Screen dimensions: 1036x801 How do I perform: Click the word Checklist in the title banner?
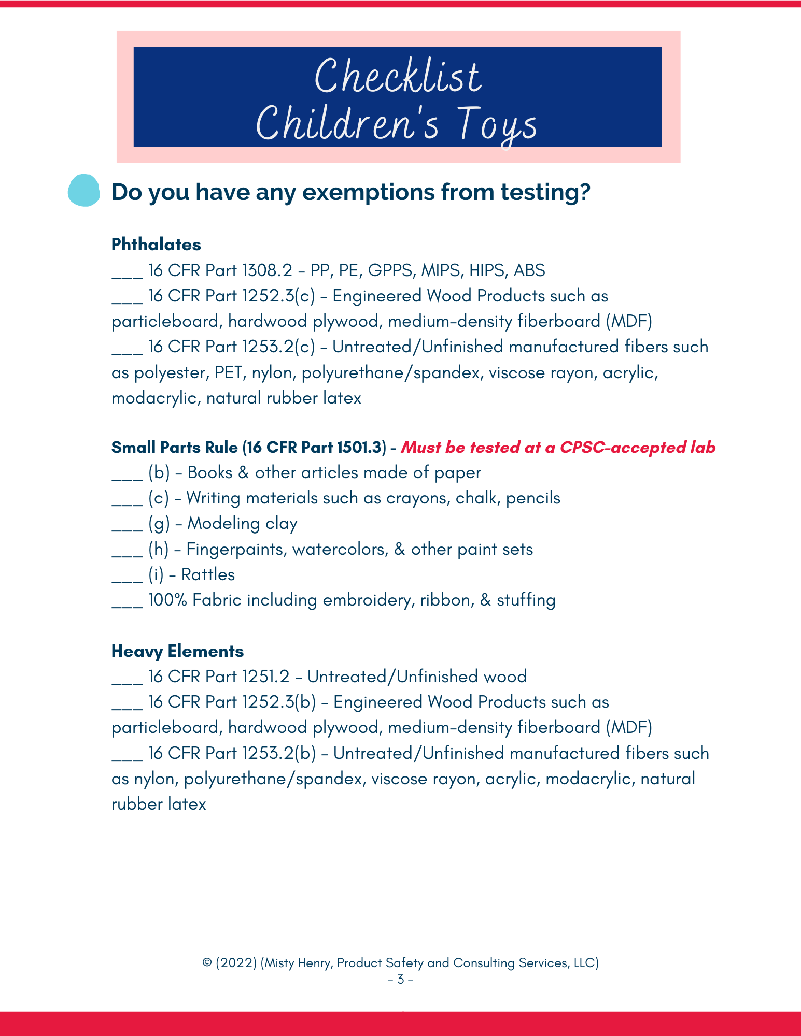pyautogui.click(x=398, y=77)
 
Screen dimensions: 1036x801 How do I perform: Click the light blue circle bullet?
pyautogui.click(x=83, y=190)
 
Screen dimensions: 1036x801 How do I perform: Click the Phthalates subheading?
pyautogui.click(x=156, y=244)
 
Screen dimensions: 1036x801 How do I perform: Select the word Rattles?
pyautogui.click(x=208, y=575)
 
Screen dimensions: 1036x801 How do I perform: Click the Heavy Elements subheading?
pyautogui.click(x=177, y=651)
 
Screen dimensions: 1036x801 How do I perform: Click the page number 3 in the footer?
pyautogui.click(x=400, y=980)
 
